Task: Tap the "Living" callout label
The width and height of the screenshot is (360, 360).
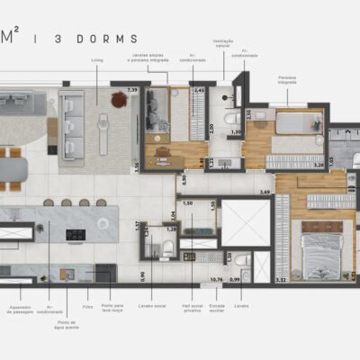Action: point(98,62)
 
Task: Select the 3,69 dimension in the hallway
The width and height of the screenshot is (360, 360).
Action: point(265,192)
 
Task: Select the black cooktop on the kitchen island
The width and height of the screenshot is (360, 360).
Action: point(75,234)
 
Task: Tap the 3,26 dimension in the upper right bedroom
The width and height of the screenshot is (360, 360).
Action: point(317,166)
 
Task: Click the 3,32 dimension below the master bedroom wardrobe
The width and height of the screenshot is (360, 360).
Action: point(282,280)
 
